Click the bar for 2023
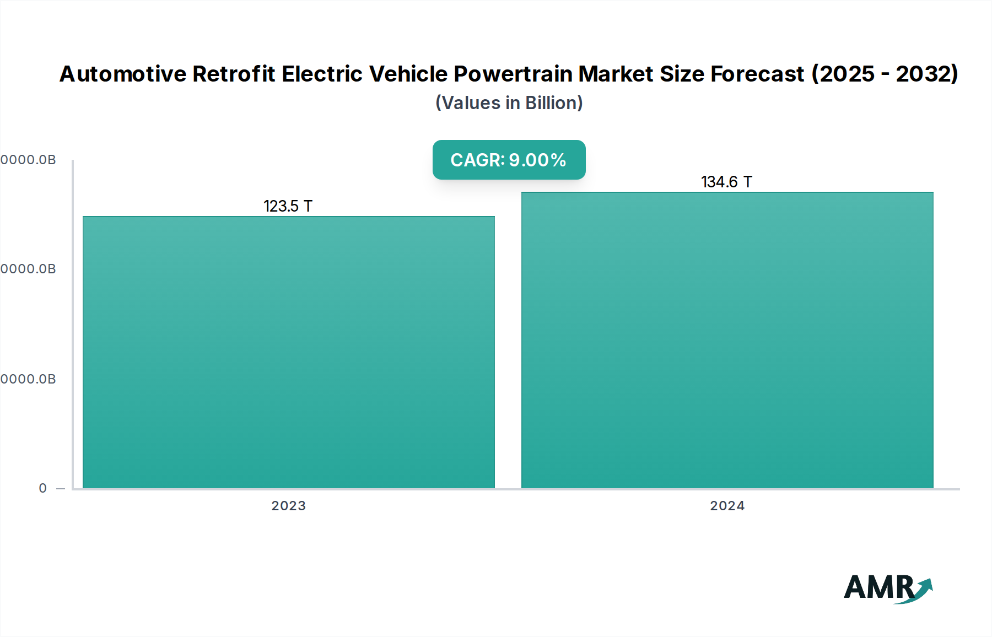coord(288,353)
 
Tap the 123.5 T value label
coord(288,206)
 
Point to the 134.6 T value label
coord(726,182)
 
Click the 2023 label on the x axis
coord(288,506)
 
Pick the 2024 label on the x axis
coord(727,506)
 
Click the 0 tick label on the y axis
coord(43,488)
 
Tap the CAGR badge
coord(509,160)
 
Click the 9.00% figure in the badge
coord(537,160)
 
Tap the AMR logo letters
coord(878,587)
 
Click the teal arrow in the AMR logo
coord(924,587)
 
